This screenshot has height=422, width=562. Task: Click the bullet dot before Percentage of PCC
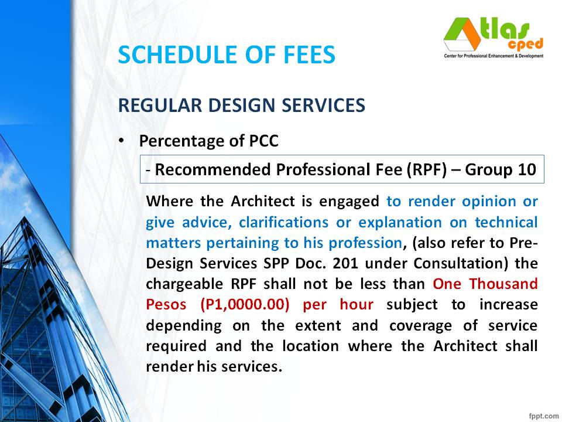[x=121, y=142]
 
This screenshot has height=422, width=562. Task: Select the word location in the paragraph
[x=310, y=345]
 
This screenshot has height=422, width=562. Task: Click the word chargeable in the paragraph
[x=181, y=284]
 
